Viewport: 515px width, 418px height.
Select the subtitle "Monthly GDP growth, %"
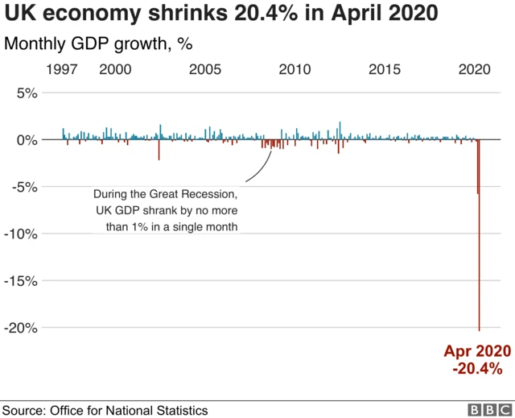point(98,43)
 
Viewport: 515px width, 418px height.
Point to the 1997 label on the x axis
point(62,70)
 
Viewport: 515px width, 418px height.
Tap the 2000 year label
point(115,70)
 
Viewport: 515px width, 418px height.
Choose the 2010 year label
point(295,70)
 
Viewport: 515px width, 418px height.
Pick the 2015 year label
point(385,70)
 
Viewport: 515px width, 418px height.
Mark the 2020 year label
point(475,70)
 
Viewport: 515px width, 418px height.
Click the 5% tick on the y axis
point(27,93)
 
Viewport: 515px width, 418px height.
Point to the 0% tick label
point(27,140)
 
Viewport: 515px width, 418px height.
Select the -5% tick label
point(24,187)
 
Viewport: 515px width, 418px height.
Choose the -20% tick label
point(21,328)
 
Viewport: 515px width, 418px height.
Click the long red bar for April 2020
point(480,242)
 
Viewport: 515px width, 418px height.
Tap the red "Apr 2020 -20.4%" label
point(477,360)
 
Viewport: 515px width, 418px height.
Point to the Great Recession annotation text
point(165,210)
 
